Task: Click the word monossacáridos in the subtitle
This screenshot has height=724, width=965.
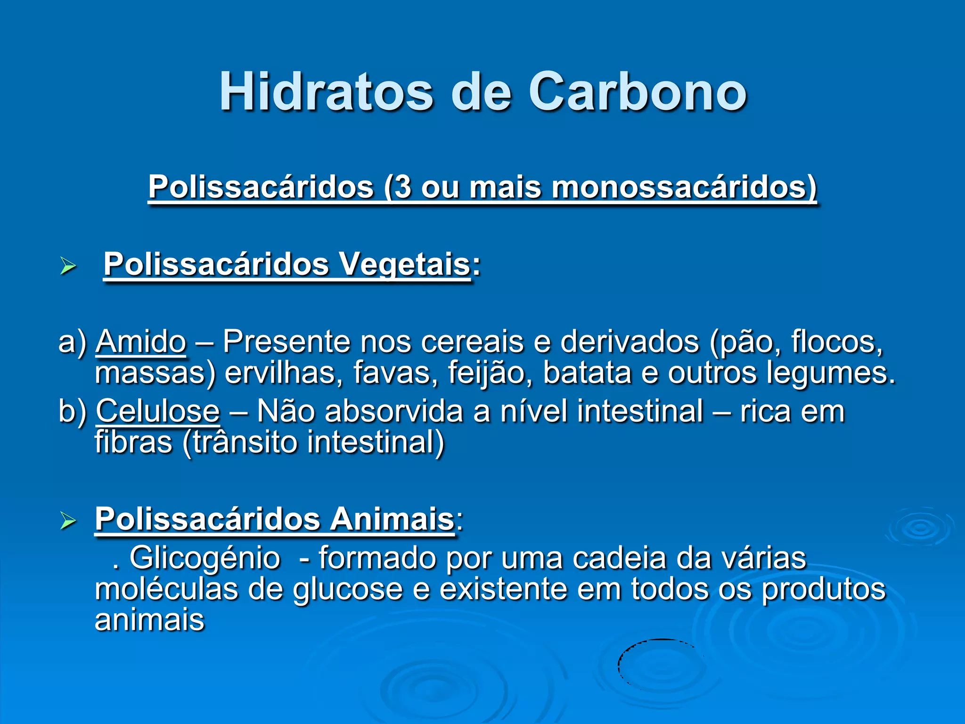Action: tap(683, 187)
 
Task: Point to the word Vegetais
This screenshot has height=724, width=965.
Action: tap(405, 264)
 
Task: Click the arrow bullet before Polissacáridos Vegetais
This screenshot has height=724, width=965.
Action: tap(68, 266)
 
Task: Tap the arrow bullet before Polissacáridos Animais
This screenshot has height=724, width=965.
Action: tap(68, 521)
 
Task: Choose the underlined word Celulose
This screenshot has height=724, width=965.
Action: tap(158, 411)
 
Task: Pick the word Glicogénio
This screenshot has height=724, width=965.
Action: tap(204, 558)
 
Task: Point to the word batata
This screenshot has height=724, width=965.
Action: tap(587, 372)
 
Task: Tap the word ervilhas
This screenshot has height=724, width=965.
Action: tap(284, 372)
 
